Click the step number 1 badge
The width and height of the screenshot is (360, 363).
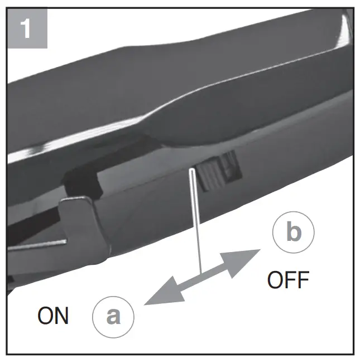pos(26,28)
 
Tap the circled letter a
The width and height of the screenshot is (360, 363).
pos(113,316)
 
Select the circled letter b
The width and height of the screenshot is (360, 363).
pos(294,233)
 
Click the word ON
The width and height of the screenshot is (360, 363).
pos(53,316)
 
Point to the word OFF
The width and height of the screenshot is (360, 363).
pos(288,280)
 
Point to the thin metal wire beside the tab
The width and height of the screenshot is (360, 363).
pos(39,244)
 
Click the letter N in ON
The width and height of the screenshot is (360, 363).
pos(61,316)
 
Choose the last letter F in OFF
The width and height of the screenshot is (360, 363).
pos(302,280)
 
